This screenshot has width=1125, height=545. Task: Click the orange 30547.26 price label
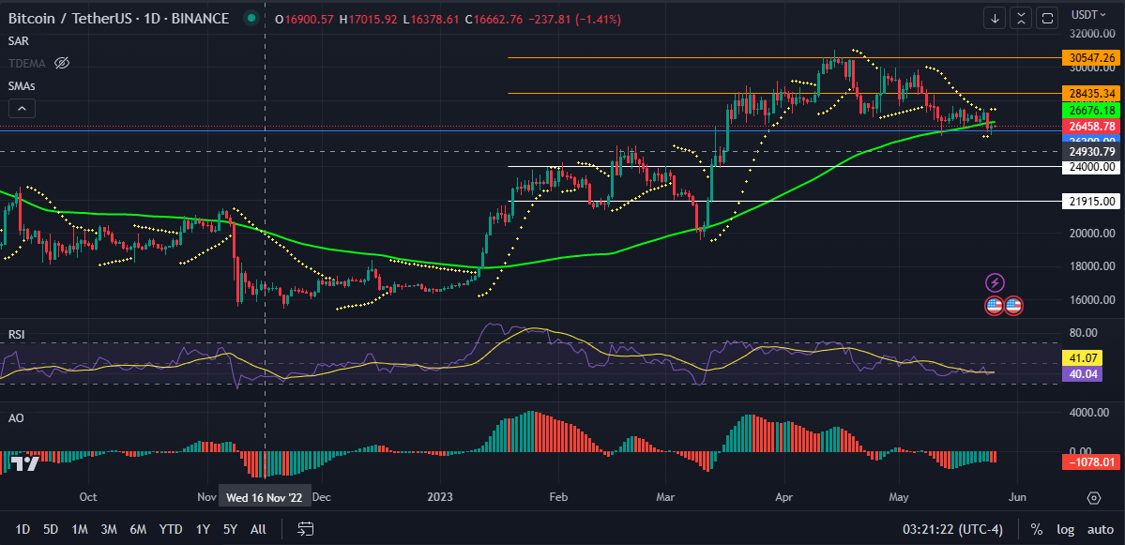pos(1092,58)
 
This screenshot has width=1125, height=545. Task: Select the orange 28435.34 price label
pos(1092,94)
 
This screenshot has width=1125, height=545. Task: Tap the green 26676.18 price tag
pos(1092,111)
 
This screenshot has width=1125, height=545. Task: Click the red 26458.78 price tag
pos(1092,127)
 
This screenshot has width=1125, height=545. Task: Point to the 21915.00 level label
pos(1092,202)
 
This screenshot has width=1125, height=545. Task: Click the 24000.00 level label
pos(1092,167)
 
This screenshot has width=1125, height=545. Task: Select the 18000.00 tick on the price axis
pos(1092,266)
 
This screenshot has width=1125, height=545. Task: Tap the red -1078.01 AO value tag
pos(1092,462)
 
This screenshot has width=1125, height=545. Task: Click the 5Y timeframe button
pos(230,529)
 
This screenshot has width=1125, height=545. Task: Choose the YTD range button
pos(171,529)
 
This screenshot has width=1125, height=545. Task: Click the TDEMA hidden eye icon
pos(62,63)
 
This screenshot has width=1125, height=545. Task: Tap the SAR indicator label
pos(18,40)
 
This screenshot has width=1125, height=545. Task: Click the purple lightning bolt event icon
pos(996,282)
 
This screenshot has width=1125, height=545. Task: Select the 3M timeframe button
pos(109,529)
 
